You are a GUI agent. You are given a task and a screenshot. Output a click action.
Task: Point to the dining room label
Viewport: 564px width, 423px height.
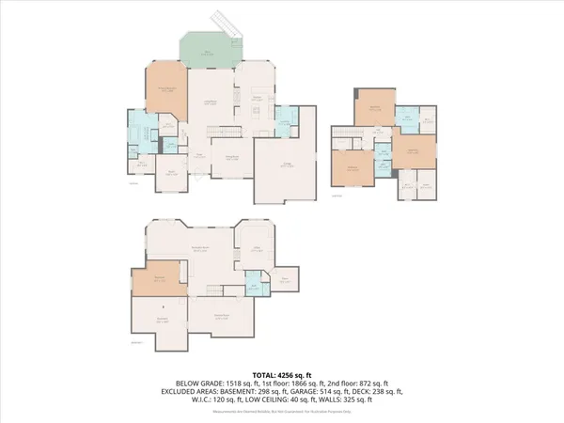tap(229, 157)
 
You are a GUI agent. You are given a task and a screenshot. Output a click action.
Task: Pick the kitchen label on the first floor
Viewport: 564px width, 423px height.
tap(256, 97)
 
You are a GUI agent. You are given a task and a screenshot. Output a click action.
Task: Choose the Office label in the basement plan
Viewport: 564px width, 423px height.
tap(255, 249)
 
